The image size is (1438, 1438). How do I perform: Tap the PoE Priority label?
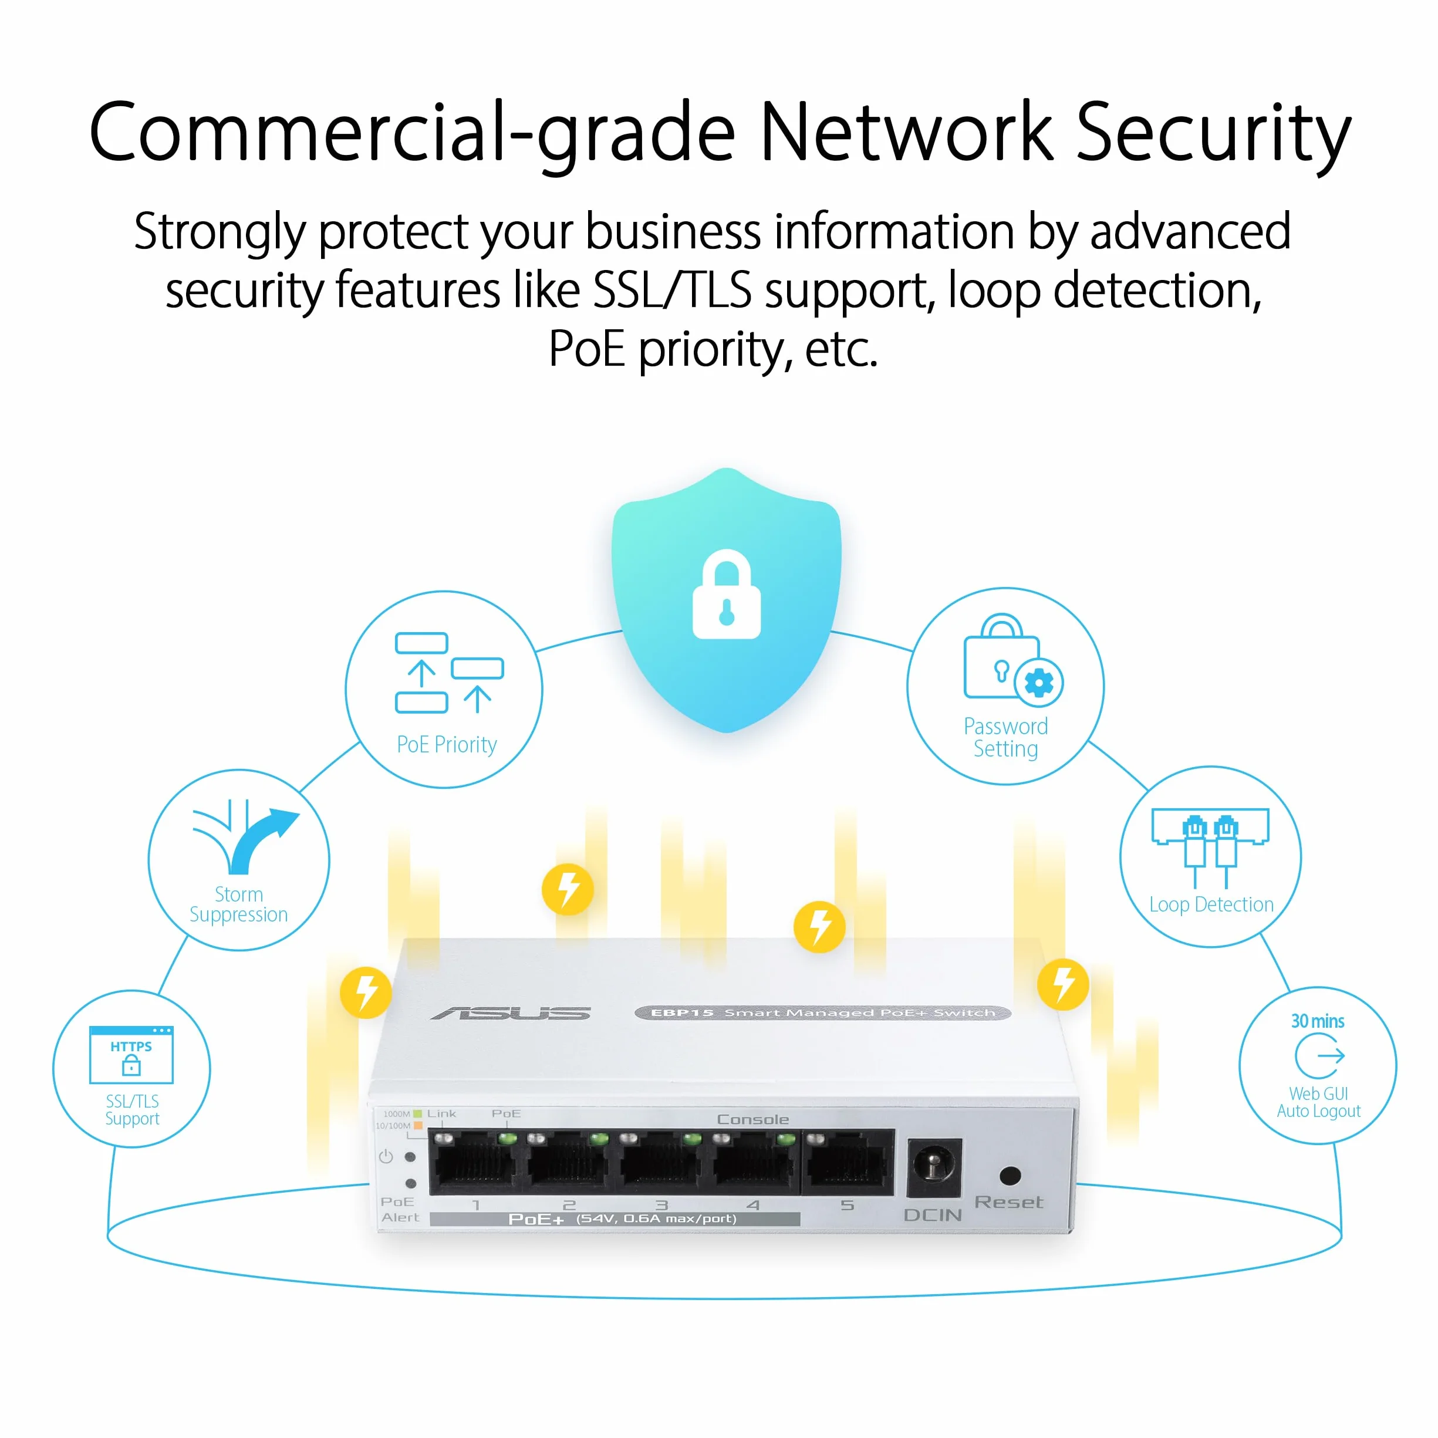[x=447, y=744]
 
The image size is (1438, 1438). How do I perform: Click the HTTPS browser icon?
[x=131, y=1055]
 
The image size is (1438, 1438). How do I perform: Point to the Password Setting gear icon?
[x=1038, y=683]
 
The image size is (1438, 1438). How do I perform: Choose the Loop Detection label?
[x=1211, y=904]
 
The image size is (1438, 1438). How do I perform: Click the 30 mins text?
[x=1318, y=1021]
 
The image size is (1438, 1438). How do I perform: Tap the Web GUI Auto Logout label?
[x=1318, y=1102]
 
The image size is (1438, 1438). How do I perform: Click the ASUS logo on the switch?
[x=511, y=1013]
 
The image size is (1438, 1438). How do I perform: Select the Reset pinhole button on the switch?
[x=1010, y=1176]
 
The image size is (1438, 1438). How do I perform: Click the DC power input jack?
[x=934, y=1166]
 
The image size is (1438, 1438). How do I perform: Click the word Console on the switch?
[x=752, y=1119]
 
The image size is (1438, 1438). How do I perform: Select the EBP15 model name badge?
[x=822, y=1012]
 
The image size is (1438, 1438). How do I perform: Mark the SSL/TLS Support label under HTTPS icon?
[x=131, y=1110]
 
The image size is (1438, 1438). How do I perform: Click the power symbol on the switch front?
[x=386, y=1157]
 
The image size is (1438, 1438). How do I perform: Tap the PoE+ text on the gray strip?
[x=536, y=1219]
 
